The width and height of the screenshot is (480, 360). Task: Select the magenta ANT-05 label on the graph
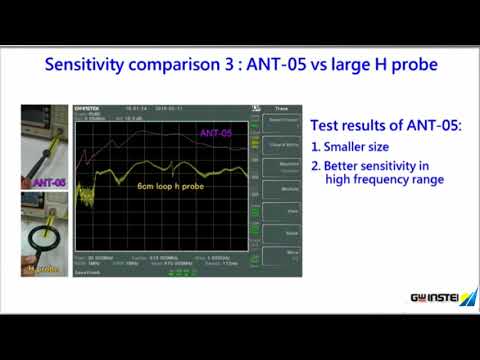pyautogui.click(x=216, y=133)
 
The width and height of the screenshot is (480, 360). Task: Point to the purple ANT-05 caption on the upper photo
pyautogui.click(x=50, y=183)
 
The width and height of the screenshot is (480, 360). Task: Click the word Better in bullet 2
pyautogui.click(x=344, y=165)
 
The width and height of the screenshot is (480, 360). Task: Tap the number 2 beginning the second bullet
pyautogui.click(x=315, y=165)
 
